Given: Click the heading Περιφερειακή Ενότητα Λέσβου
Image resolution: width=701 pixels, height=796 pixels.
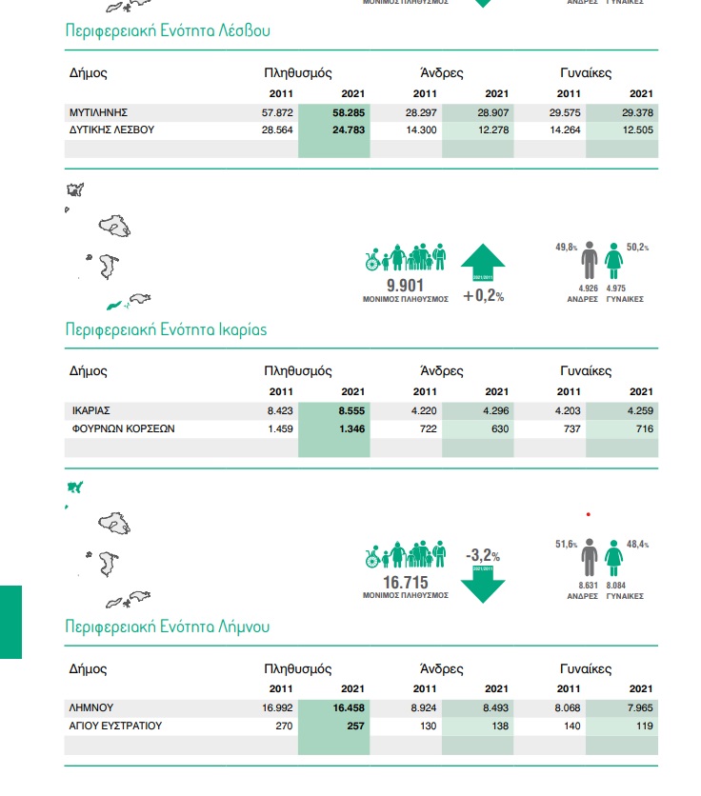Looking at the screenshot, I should (168, 30).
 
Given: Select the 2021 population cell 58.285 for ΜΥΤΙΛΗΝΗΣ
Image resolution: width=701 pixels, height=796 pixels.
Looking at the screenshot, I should (349, 112).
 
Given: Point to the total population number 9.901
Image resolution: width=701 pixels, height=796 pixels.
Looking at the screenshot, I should (404, 285).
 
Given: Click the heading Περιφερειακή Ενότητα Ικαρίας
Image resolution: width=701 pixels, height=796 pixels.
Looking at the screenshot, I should (166, 329).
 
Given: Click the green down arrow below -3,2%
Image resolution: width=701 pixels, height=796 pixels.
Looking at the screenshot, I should (483, 584).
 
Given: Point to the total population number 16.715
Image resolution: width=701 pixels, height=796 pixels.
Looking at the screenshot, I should (405, 582).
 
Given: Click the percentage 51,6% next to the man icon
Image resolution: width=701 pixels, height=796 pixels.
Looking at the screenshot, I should (567, 545).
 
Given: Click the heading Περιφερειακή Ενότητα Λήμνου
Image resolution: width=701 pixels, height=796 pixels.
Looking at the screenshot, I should (168, 627).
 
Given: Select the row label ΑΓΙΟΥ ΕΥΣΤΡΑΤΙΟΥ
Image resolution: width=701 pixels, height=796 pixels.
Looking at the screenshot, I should (116, 726).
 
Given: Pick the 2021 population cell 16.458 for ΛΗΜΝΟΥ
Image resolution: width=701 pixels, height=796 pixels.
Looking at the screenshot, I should (349, 707).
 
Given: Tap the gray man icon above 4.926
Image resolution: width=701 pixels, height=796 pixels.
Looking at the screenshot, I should (590, 260).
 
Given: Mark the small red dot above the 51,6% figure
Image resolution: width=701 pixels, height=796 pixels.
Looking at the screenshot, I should (590, 514).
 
